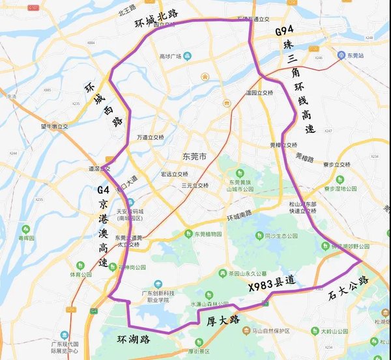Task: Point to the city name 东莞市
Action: point(194,157)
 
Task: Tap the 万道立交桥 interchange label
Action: point(151,137)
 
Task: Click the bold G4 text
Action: point(104,191)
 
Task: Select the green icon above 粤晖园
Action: point(25,230)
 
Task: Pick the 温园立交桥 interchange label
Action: point(258,93)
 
